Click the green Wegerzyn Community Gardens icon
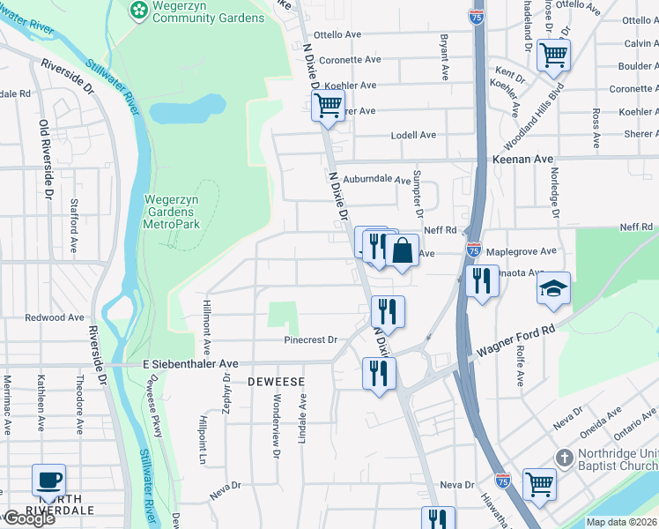(139, 10)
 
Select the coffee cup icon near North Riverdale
(48, 481)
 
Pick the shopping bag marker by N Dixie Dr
(402, 250)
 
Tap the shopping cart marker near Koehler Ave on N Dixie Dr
(328, 106)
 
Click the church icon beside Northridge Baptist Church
(565, 458)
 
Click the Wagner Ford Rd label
(514, 340)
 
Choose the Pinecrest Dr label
(310, 339)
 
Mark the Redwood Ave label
(55, 317)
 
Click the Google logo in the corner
(29, 518)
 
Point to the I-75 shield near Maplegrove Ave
(474, 250)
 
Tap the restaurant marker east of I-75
(481, 280)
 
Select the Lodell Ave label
(414, 135)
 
